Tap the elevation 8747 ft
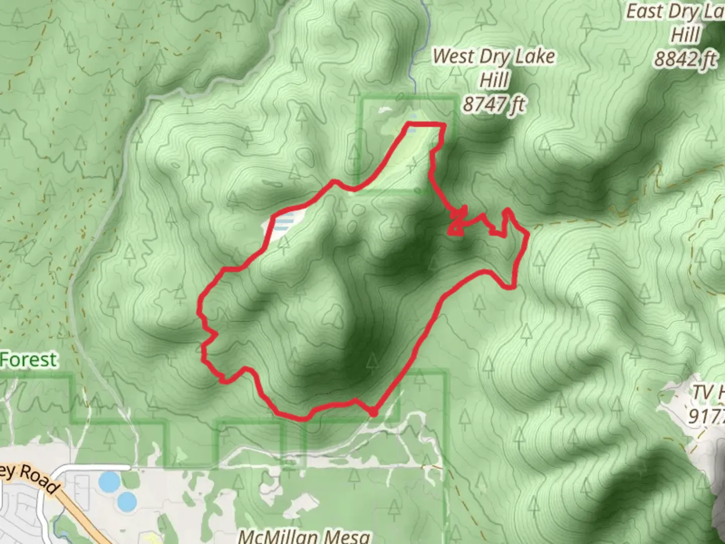[x=494, y=104]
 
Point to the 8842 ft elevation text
[x=685, y=59]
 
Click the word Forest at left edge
[x=29, y=360]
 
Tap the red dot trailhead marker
[x=373, y=413]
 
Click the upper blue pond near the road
[x=109, y=482]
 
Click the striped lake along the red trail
[x=286, y=223]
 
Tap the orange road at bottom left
[x=81, y=514]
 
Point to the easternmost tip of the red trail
[x=528, y=234]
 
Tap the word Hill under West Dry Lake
[x=494, y=80]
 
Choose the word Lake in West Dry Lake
[x=535, y=56]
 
